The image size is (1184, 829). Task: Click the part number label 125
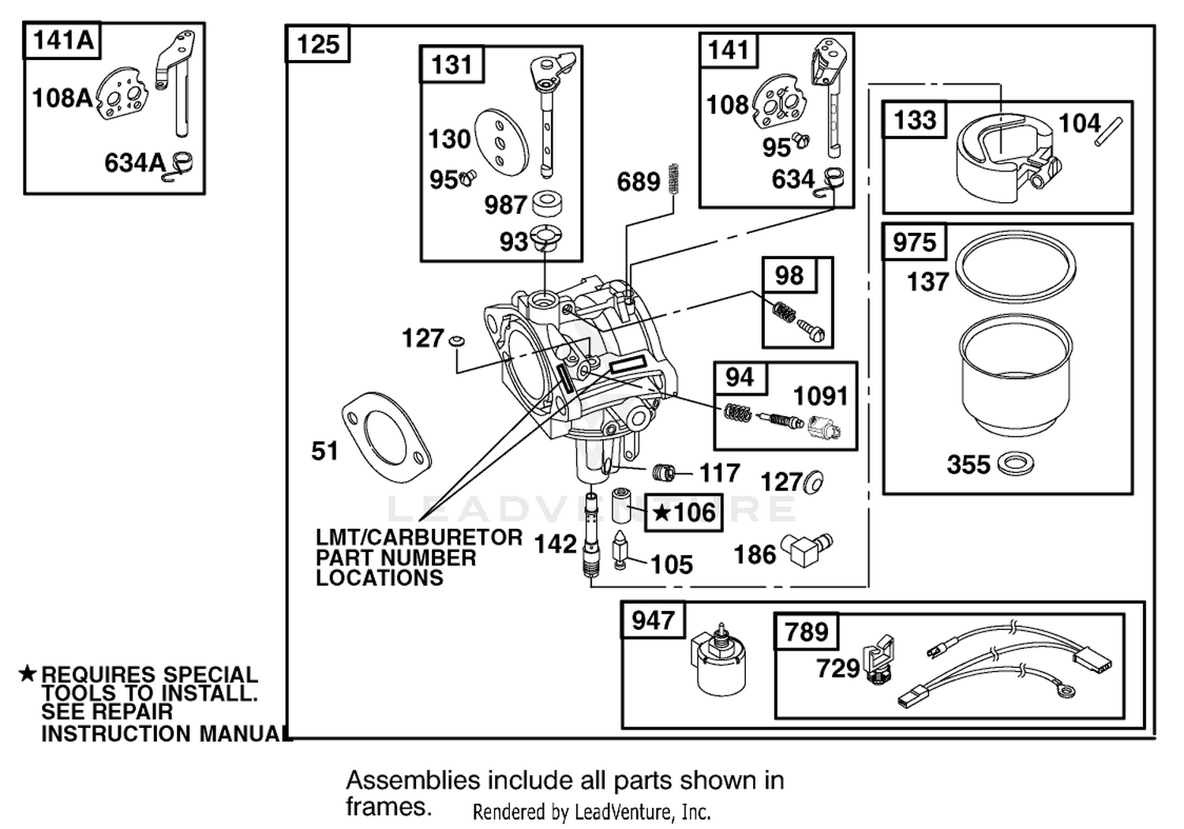[x=317, y=44]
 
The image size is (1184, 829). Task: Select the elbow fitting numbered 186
[x=808, y=550]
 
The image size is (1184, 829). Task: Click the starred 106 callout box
[x=684, y=512]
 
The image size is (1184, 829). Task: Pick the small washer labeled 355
[x=1015, y=464]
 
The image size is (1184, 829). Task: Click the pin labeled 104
[x=1108, y=131]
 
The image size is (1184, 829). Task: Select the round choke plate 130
[x=501, y=143]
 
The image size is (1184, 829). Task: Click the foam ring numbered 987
[x=546, y=204]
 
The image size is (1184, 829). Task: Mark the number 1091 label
[x=821, y=396]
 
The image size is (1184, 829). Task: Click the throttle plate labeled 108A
[x=121, y=98]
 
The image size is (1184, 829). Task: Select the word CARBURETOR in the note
[x=444, y=537]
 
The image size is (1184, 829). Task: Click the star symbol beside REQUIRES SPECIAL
[x=27, y=673]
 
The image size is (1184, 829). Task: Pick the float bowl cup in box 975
[x=1015, y=374]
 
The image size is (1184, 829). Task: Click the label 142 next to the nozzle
[x=555, y=543]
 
